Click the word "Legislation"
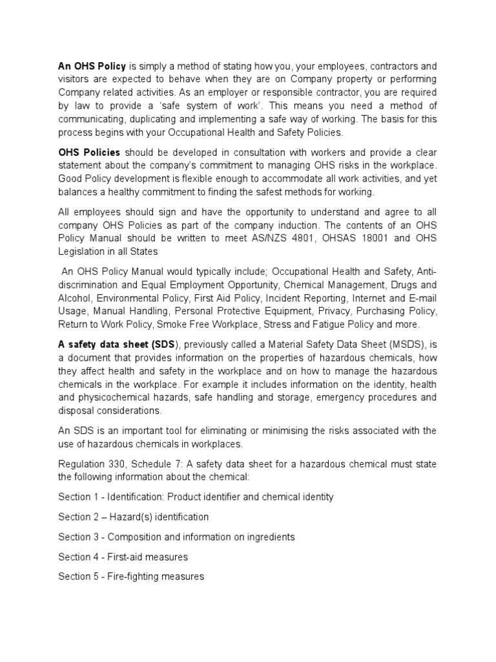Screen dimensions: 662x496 tap(85, 252)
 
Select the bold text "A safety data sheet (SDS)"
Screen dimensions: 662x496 tap(117, 345)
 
